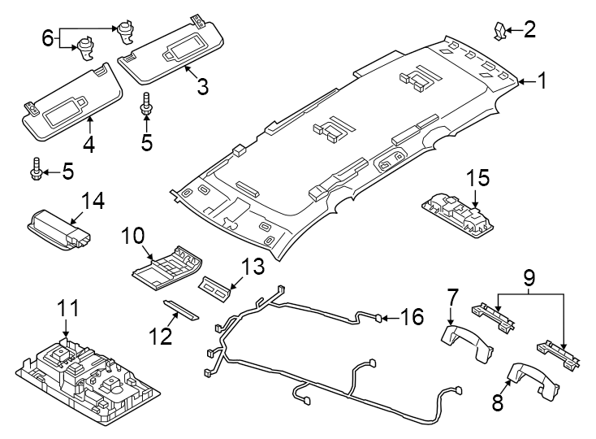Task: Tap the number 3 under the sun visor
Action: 201,85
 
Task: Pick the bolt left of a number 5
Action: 36,172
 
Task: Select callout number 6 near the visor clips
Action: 47,37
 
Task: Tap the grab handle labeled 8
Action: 531,380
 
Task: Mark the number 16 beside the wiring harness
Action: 412,316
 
